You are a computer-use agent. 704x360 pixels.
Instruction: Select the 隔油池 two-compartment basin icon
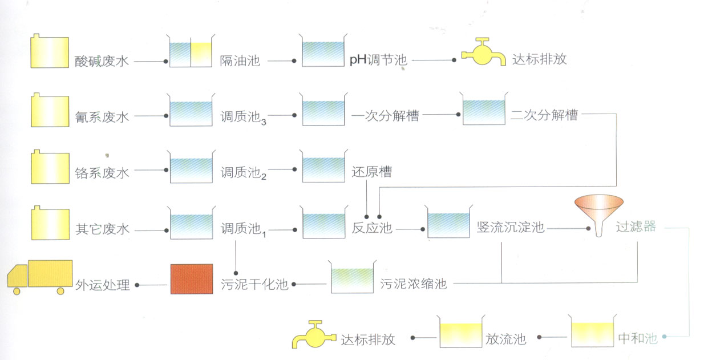tap(191, 52)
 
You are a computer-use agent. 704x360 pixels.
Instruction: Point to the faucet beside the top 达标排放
tap(484, 54)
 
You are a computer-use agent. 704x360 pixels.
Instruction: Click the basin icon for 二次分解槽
tap(484, 111)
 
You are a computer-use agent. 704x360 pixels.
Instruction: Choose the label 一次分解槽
tap(386, 116)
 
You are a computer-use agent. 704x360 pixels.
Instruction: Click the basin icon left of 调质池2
tap(191, 167)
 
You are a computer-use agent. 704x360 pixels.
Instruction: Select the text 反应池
tap(372, 228)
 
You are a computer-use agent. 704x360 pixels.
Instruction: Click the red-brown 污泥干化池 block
tap(192, 279)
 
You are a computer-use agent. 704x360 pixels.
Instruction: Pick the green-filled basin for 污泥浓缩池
tap(353, 278)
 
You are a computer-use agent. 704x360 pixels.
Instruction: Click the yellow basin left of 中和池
tap(592, 332)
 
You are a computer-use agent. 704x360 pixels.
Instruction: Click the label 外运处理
tap(103, 285)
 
